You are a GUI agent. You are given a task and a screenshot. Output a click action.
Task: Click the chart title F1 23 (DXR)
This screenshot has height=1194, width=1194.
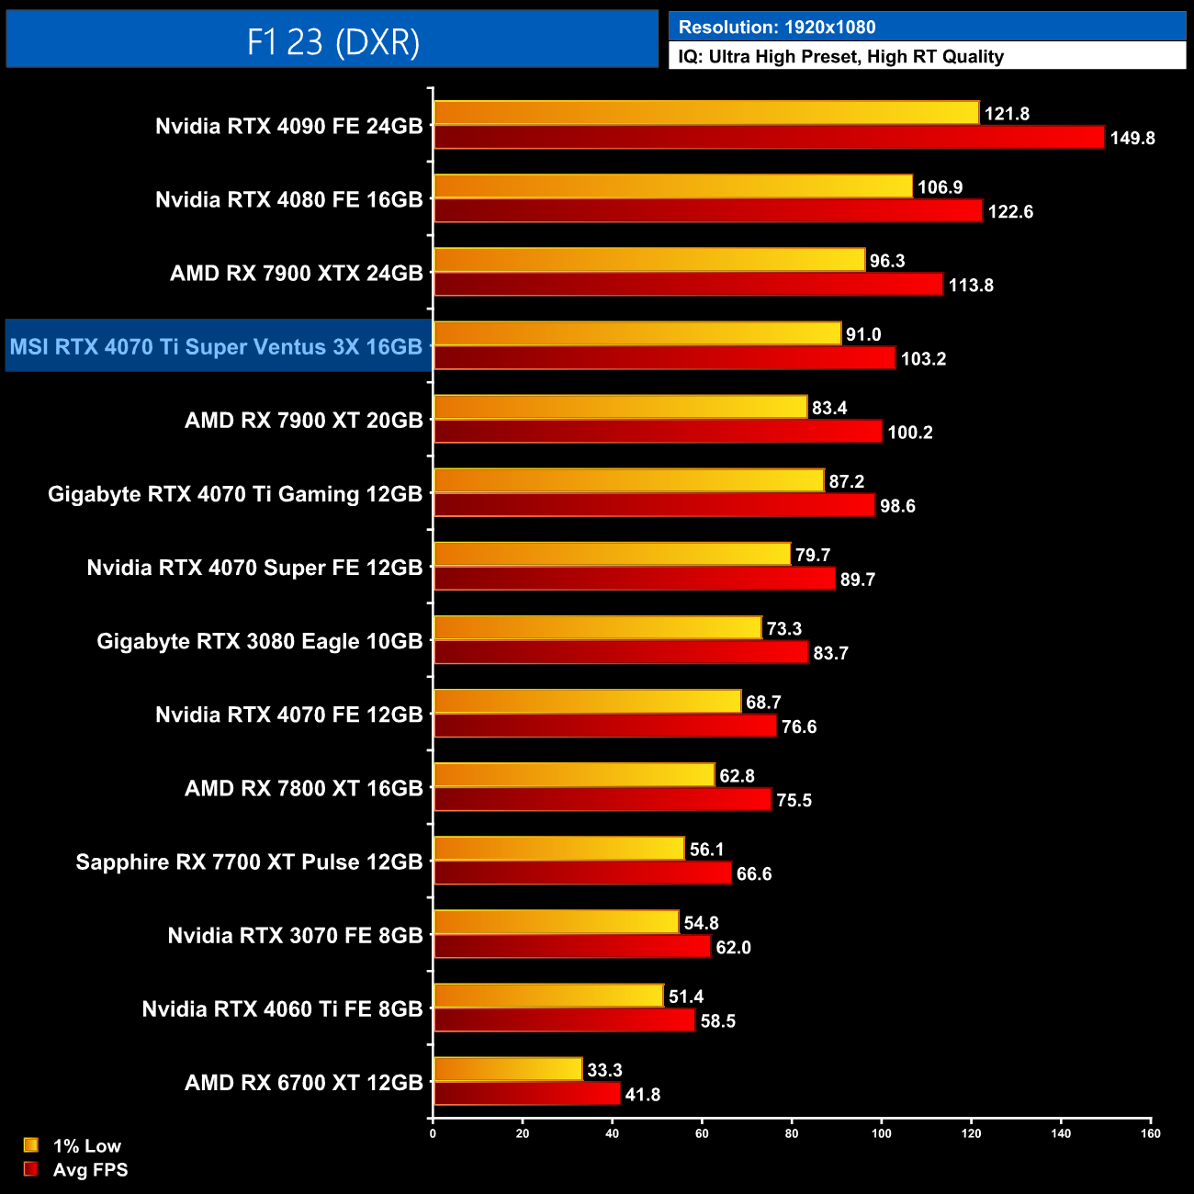(332, 41)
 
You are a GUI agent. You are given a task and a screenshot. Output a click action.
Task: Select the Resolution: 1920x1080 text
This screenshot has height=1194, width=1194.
(776, 27)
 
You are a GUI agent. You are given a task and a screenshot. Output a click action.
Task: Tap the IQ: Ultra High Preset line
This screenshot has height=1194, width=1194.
(840, 57)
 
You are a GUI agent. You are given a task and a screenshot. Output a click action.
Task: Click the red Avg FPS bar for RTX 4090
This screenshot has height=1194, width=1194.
(768, 138)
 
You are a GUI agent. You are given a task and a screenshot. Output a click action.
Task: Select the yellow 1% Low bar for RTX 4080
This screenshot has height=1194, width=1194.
(672, 186)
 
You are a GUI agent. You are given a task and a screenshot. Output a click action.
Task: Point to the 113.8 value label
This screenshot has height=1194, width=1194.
(971, 286)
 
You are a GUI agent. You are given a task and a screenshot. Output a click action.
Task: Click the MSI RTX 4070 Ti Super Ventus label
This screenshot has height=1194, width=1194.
(217, 347)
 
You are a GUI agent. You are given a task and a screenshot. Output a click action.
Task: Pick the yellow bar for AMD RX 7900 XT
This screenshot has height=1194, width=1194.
(620, 407)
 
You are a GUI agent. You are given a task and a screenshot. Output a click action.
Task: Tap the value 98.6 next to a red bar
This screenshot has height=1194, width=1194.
(897, 506)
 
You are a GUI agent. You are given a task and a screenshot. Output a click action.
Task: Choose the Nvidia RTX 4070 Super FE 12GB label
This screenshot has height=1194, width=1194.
(254, 568)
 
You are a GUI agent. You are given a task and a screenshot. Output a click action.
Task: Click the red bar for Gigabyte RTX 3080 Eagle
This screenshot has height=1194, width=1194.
(620, 652)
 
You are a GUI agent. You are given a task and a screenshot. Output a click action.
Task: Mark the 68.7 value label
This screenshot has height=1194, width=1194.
(763, 703)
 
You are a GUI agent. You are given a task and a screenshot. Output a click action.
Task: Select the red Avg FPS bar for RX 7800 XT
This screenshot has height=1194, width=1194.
(602, 799)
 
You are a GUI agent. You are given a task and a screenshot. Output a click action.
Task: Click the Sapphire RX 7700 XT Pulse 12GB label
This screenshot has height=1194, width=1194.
(249, 862)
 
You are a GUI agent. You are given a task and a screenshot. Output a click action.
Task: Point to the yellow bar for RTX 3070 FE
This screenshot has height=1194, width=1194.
(556, 922)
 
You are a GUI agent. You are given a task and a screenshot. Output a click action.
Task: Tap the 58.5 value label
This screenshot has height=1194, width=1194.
(717, 1021)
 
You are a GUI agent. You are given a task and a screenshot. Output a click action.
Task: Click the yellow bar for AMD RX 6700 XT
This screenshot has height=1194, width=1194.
(507, 1069)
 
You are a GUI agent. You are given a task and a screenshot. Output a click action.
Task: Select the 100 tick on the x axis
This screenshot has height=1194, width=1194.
(881, 1133)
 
